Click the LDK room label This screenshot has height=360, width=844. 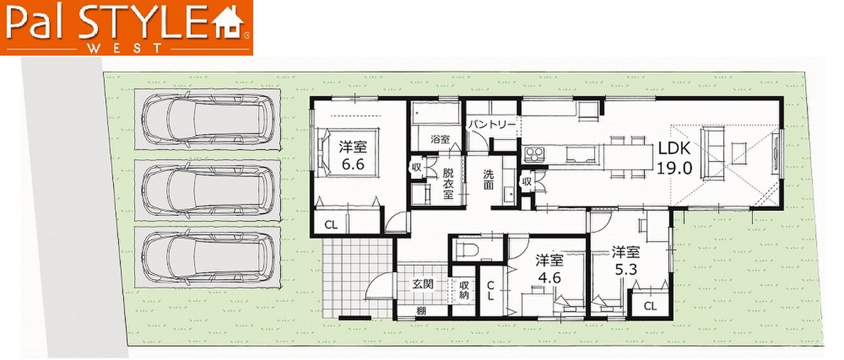pyautogui.click(x=674, y=148)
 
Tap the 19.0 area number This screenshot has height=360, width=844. pyautogui.click(x=674, y=167)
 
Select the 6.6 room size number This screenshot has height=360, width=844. pyautogui.click(x=352, y=165)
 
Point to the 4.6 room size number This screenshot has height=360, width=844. pyautogui.click(x=550, y=278)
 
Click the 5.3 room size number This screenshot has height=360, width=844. pyautogui.click(x=626, y=269)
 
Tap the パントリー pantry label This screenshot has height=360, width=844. pyautogui.click(x=492, y=125)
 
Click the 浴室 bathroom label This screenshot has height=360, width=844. pyautogui.click(x=440, y=139)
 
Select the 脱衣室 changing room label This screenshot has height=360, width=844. pyautogui.click(x=448, y=184)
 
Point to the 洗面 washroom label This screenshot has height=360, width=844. pyautogui.click(x=488, y=179)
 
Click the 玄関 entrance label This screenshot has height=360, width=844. pyautogui.click(x=423, y=284)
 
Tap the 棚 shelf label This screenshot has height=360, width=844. pyautogui.click(x=421, y=311)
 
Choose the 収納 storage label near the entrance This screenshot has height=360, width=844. pyautogui.click(x=463, y=290)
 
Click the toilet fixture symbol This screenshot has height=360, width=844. pyautogui.click(x=466, y=249)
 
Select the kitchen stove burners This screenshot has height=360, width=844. pyautogui.click(x=535, y=155)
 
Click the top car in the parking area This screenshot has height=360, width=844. pyautogui.click(x=208, y=120)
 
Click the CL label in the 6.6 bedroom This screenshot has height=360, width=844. pyautogui.click(x=331, y=225)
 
